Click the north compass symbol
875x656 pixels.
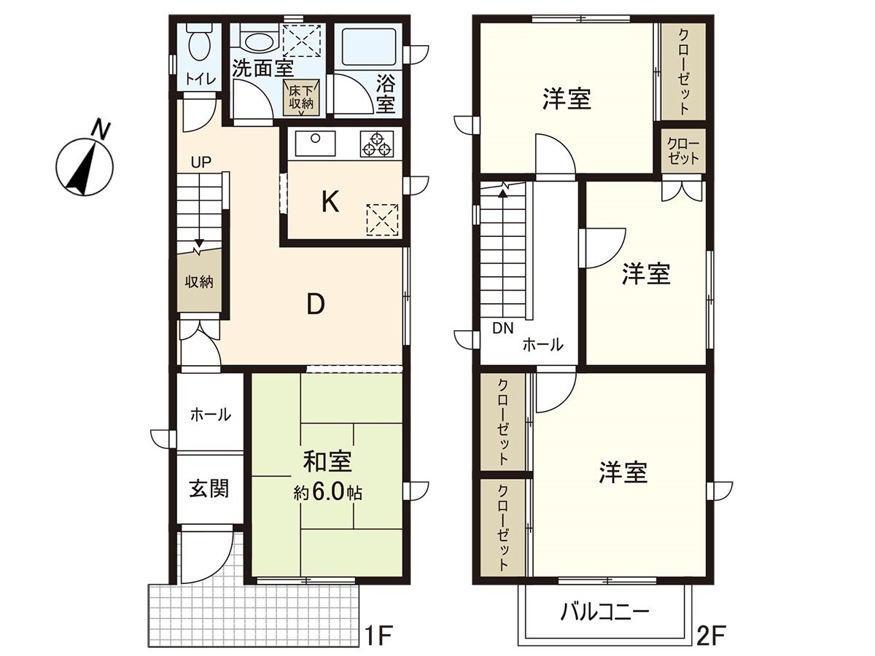tap(85, 163)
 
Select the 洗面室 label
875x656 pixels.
tap(262, 69)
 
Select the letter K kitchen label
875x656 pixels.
tap(330, 202)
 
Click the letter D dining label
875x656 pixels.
tap(314, 305)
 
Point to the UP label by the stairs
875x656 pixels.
tap(201, 163)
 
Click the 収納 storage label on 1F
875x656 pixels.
tap(198, 281)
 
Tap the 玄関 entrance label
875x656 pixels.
tap(209, 488)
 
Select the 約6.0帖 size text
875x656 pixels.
tap(328, 493)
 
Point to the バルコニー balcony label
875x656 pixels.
tap(604, 612)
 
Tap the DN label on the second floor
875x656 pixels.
tap(502, 328)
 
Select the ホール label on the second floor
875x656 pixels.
tap(542, 345)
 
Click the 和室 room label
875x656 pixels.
tap(327, 461)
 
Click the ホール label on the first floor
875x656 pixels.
tap(210, 415)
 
